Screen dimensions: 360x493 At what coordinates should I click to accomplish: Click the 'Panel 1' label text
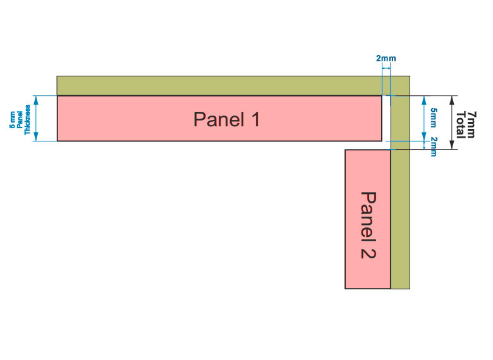pyautogui.click(x=226, y=119)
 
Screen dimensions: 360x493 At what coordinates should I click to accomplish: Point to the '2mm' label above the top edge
pyautogui.click(x=386, y=59)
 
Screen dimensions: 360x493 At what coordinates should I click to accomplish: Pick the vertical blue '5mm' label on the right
pyautogui.click(x=433, y=117)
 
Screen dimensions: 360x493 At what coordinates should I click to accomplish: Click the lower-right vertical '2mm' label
pyautogui.click(x=433, y=147)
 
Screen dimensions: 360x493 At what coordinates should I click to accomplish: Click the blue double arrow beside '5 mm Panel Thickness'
pyautogui.click(x=36, y=118)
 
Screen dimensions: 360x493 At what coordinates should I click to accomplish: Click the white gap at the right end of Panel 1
pyautogui.click(x=386, y=118)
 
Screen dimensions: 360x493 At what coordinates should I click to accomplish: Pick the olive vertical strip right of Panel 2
pyautogui.click(x=400, y=221)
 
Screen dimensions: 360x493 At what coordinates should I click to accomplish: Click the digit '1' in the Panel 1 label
pyautogui.click(x=255, y=119)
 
